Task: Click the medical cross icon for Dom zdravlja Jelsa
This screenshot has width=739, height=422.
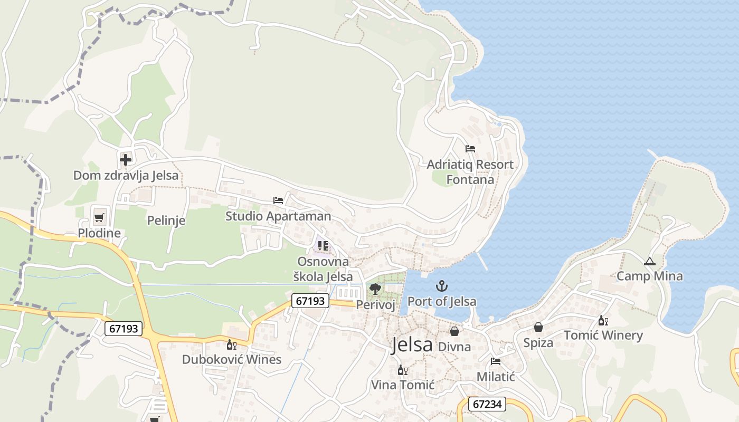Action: (x=126, y=159)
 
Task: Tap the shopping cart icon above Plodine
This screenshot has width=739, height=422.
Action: (x=99, y=217)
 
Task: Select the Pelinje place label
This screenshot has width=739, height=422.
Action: (x=166, y=220)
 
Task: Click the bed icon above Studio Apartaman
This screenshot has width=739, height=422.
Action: (x=278, y=200)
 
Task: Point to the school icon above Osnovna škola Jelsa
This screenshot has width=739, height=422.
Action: (x=323, y=246)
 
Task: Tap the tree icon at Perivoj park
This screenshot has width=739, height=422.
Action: (x=375, y=289)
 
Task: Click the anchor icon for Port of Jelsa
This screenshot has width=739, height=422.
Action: (x=441, y=286)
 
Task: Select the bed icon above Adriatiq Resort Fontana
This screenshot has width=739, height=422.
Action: (x=470, y=149)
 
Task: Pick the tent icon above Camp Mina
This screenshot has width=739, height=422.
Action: (x=649, y=261)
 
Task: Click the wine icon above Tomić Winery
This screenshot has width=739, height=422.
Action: (x=603, y=320)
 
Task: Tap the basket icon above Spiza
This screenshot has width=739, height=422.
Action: (x=538, y=328)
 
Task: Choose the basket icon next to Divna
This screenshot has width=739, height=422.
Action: (x=454, y=331)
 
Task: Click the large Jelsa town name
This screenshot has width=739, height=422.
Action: (x=412, y=345)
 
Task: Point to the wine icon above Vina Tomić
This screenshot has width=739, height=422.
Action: (x=402, y=370)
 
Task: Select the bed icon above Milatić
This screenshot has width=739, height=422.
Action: (x=495, y=361)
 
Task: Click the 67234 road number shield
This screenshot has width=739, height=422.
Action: (x=487, y=404)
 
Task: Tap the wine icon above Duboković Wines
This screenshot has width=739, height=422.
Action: (x=231, y=344)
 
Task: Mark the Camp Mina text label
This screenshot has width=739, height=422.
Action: (x=649, y=276)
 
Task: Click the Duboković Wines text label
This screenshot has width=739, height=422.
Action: (x=231, y=359)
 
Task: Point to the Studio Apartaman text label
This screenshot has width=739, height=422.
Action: (x=278, y=216)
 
